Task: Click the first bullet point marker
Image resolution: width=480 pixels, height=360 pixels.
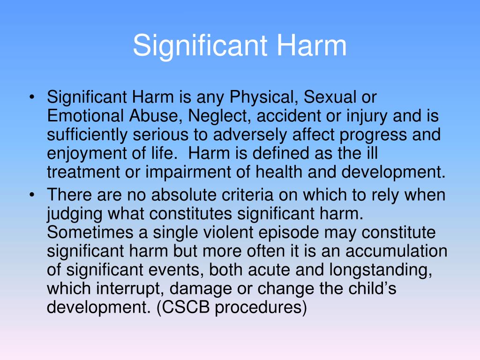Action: pyautogui.click(x=32, y=98)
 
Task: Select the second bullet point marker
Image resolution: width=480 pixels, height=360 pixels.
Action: pyautogui.click(x=32, y=195)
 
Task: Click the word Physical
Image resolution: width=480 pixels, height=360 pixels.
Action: pyautogui.click(x=263, y=98)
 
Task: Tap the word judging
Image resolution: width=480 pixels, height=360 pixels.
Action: pyautogui.click(x=75, y=213)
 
